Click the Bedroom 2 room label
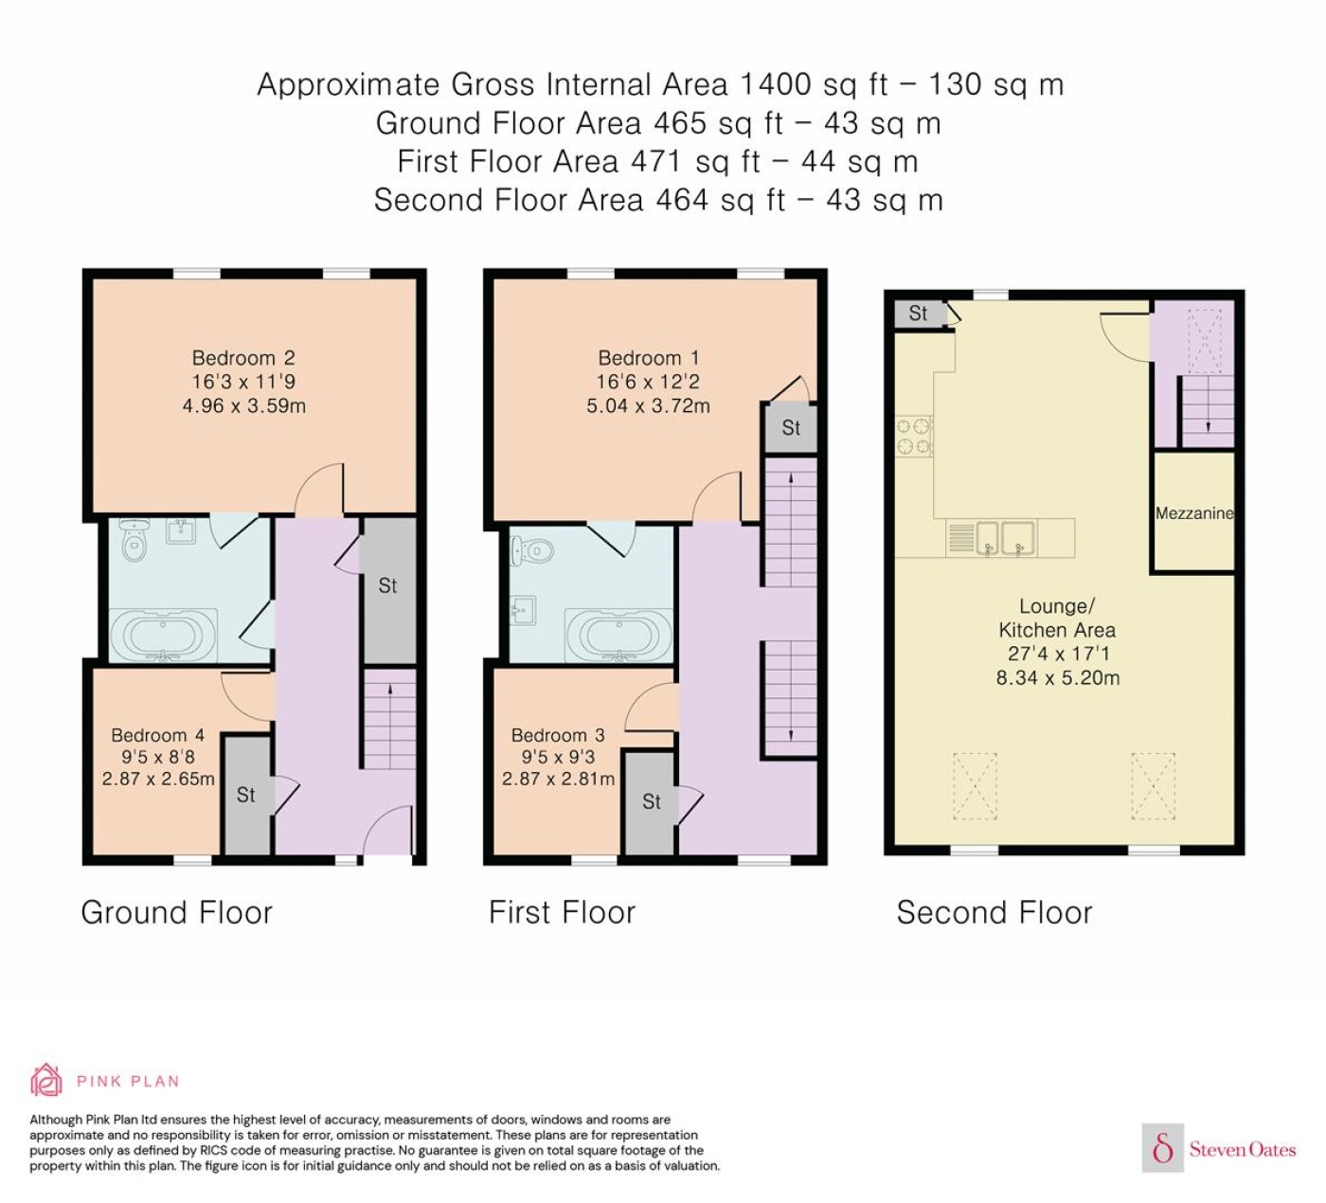(243, 358)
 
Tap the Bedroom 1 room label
(649, 358)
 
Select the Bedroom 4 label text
(157, 735)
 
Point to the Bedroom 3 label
(558, 735)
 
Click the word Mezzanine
(1193, 513)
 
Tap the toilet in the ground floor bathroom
(134, 539)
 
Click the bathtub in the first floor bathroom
(618, 635)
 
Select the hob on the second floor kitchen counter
(914, 437)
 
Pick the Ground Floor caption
(176, 912)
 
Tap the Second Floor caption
(994, 912)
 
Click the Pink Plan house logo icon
(46, 1080)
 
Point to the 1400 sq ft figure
(815, 84)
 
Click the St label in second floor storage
(918, 313)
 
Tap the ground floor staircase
(390, 719)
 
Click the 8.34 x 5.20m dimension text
(1058, 678)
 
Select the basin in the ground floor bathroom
(181, 530)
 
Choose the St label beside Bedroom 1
(791, 428)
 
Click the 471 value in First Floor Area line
(655, 161)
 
